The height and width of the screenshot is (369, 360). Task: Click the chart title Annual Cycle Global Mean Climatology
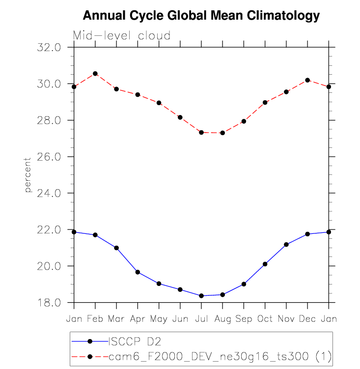pos(201,16)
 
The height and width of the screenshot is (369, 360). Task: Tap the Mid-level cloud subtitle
pos(122,36)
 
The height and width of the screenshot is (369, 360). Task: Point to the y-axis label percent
pos(28,175)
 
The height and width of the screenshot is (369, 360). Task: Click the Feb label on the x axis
pos(95,319)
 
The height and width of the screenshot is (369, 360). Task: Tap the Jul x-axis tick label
pos(201,319)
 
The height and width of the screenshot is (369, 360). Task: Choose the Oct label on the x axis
pos(265,319)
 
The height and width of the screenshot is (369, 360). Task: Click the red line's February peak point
pos(95,74)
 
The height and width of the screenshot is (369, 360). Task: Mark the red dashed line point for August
pos(222,133)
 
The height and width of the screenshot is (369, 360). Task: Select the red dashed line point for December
pos(307,80)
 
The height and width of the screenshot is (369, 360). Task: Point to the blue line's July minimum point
pos(201,296)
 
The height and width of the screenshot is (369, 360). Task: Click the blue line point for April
pos(138,272)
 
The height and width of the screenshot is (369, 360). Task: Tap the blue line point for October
pos(265,264)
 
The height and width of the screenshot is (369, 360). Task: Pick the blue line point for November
pos(286,244)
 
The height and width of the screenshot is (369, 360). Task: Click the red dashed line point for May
pos(159,103)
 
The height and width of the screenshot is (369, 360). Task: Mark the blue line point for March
pos(116,248)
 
